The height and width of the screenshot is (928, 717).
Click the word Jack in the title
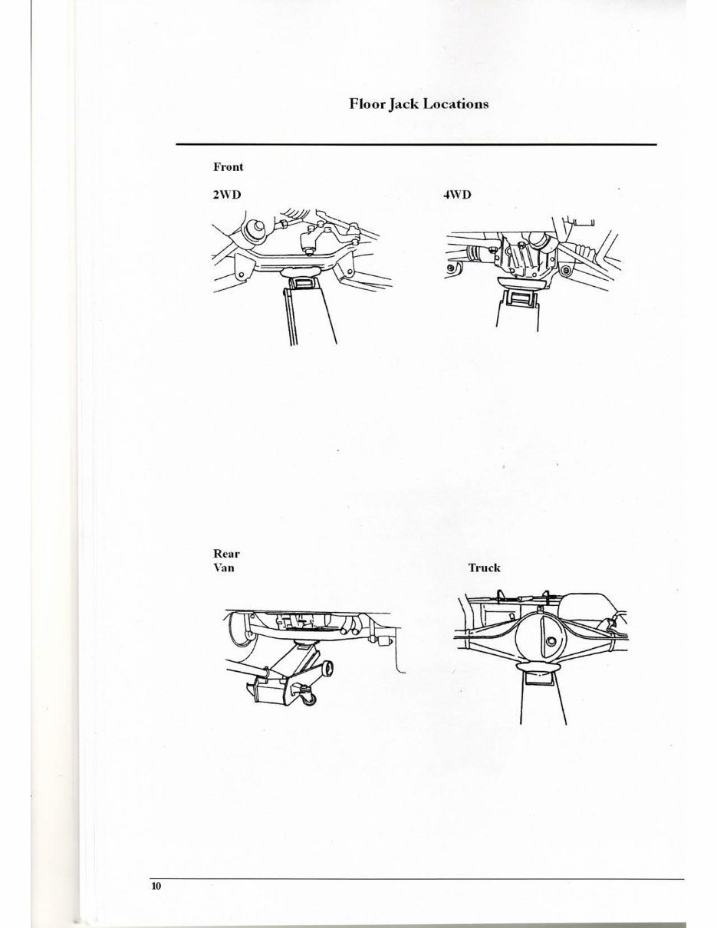(x=403, y=104)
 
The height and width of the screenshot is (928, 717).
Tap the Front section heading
(x=228, y=166)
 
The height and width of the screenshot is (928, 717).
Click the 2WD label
(x=226, y=195)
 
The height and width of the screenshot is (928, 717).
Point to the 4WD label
(x=457, y=195)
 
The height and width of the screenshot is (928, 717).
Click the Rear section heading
(x=226, y=553)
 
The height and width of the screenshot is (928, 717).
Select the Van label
(x=223, y=568)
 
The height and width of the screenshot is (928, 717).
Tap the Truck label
(x=484, y=568)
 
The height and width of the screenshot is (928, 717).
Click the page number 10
(x=156, y=887)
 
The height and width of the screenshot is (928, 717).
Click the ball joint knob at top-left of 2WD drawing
(x=252, y=229)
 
